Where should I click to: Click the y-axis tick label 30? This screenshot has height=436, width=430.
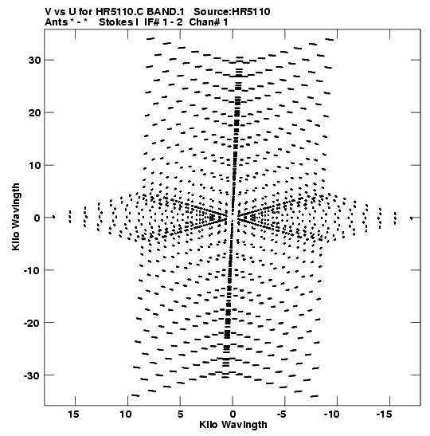[x=35, y=60]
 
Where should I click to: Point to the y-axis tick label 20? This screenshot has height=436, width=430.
[x=35, y=112]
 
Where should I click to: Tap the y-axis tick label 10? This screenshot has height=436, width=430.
[x=35, y=165]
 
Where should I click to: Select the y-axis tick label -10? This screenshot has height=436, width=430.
[x=33, y=270]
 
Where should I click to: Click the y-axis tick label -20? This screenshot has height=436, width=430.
[x=33, y=323]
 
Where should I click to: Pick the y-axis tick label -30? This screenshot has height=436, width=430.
[x=33, y=375]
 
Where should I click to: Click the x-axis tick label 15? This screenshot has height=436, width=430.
[x=73, y=414]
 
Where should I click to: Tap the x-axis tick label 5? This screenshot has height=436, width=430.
[x=180, y=414]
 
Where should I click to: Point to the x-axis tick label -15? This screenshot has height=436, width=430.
[x=384, y=414]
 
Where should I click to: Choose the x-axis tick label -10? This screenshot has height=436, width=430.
[x=331, y=414]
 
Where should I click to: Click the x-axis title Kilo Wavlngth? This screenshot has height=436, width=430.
[x=233, y=425]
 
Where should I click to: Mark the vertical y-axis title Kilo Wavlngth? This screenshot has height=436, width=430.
[x=16, y=217]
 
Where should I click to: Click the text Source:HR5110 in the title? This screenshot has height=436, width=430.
[x=232, y=12]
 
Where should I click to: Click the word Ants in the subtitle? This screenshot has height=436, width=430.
[x=56, y=22]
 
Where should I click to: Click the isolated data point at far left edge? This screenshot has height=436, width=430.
[x=53, y=217]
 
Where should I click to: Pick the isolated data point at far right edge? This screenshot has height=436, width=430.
[x=412, y=218]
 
